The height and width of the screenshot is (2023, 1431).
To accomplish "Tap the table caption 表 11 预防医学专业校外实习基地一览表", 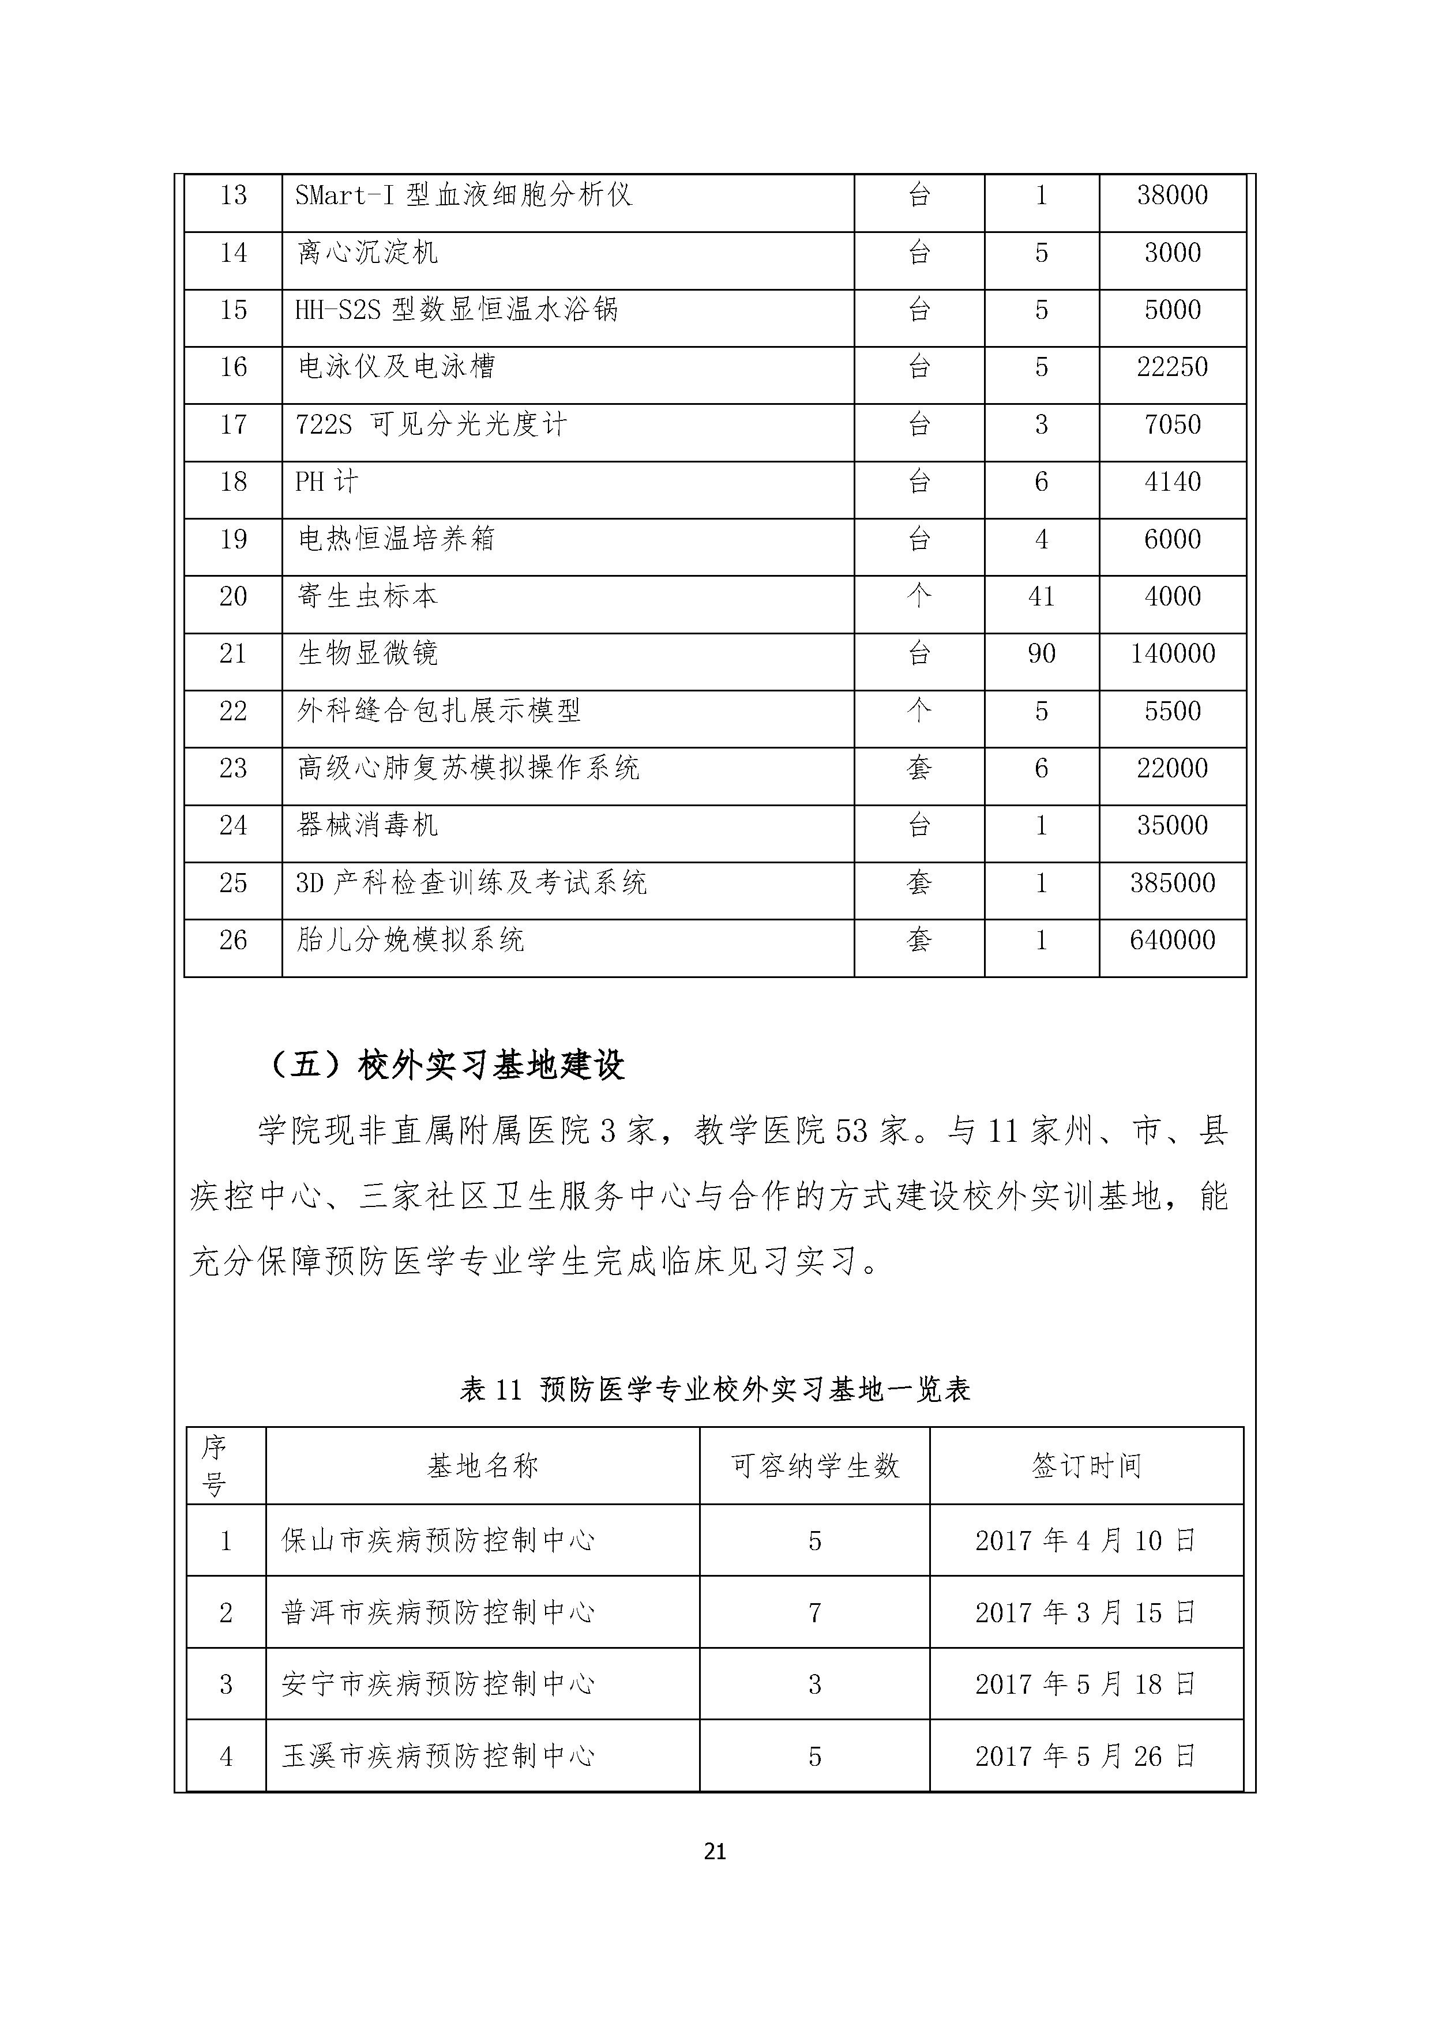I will coord(715,1389).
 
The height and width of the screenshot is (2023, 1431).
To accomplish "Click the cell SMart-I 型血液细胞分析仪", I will coord(464,195).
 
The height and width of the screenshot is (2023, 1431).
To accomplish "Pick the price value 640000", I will coord(1172,940).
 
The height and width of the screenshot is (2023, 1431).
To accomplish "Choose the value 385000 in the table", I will coord(1172,883).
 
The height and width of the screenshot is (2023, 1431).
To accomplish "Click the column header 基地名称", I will coord(482,1466).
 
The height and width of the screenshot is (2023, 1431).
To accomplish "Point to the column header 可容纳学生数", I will coord(814,1466).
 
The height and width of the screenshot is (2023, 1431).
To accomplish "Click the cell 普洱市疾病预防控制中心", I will coord(438,1612).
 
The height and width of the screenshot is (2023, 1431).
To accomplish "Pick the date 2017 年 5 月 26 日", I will coord(1086,1756).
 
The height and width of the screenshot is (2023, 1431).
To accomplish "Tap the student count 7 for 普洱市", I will coord(814,1612).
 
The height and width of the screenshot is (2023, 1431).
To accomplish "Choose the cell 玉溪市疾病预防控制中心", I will coord(438,1756).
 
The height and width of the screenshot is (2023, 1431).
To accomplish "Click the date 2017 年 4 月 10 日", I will coord(1086,1540).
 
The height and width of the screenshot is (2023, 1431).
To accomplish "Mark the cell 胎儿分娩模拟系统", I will coord(411,940).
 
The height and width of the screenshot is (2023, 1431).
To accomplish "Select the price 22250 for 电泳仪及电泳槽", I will coord(1172,367).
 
